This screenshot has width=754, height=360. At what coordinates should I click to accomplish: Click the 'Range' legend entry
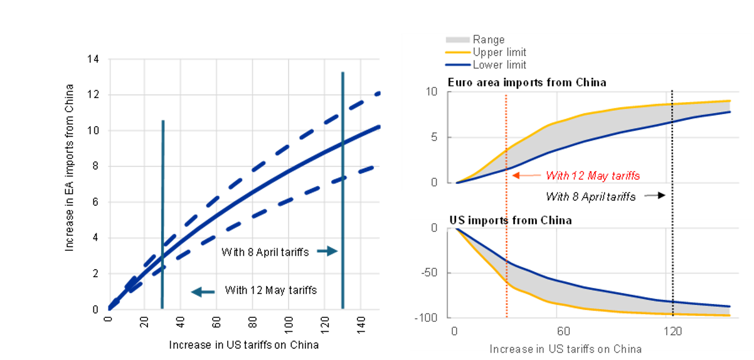[488, 40]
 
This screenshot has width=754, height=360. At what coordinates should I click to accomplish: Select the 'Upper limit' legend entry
[499, 52]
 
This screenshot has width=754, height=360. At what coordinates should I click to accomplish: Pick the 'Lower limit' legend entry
[499, 65]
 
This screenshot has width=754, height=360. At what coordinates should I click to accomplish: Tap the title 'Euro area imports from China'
[527, 82]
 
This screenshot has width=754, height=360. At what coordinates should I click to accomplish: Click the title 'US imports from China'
[509, 220]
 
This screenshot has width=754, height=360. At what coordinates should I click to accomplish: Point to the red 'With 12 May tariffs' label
[593, 176]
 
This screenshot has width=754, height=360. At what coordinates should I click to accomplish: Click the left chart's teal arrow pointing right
[327, 251]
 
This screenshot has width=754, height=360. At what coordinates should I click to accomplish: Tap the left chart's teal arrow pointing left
[202, 291]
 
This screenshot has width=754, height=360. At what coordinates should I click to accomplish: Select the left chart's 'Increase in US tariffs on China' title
[243, 345]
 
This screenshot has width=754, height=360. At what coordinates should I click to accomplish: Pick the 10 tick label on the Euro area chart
[432, 92]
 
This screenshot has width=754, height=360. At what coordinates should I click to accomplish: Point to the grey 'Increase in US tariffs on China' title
[565, 349]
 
